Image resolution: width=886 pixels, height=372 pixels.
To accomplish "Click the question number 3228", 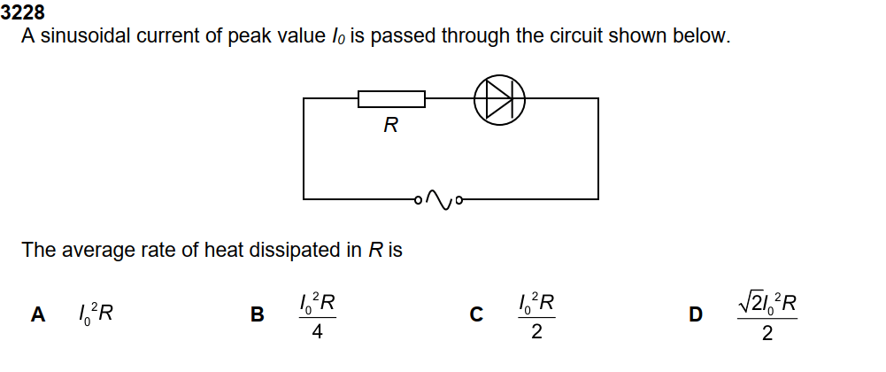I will [23, 13].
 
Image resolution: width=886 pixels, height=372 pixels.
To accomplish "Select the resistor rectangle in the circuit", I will [391, 98].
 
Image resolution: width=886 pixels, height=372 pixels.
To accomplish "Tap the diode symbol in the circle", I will [499, 98].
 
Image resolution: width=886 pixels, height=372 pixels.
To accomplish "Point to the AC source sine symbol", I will [438, 198].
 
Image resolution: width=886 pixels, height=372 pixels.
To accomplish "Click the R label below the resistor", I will [390, 125].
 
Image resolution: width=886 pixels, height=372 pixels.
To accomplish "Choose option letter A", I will [38, 314].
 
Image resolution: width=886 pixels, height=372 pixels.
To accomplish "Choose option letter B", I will [258, 314].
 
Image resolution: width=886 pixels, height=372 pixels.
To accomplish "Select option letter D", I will [696, 314].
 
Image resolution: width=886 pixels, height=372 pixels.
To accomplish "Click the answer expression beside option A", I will [94, 313].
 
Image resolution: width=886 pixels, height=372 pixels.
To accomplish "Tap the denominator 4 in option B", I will [316, 333].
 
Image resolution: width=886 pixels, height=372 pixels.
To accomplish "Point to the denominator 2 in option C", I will [536, 333].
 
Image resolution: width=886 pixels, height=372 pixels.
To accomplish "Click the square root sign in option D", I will [746, 303].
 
